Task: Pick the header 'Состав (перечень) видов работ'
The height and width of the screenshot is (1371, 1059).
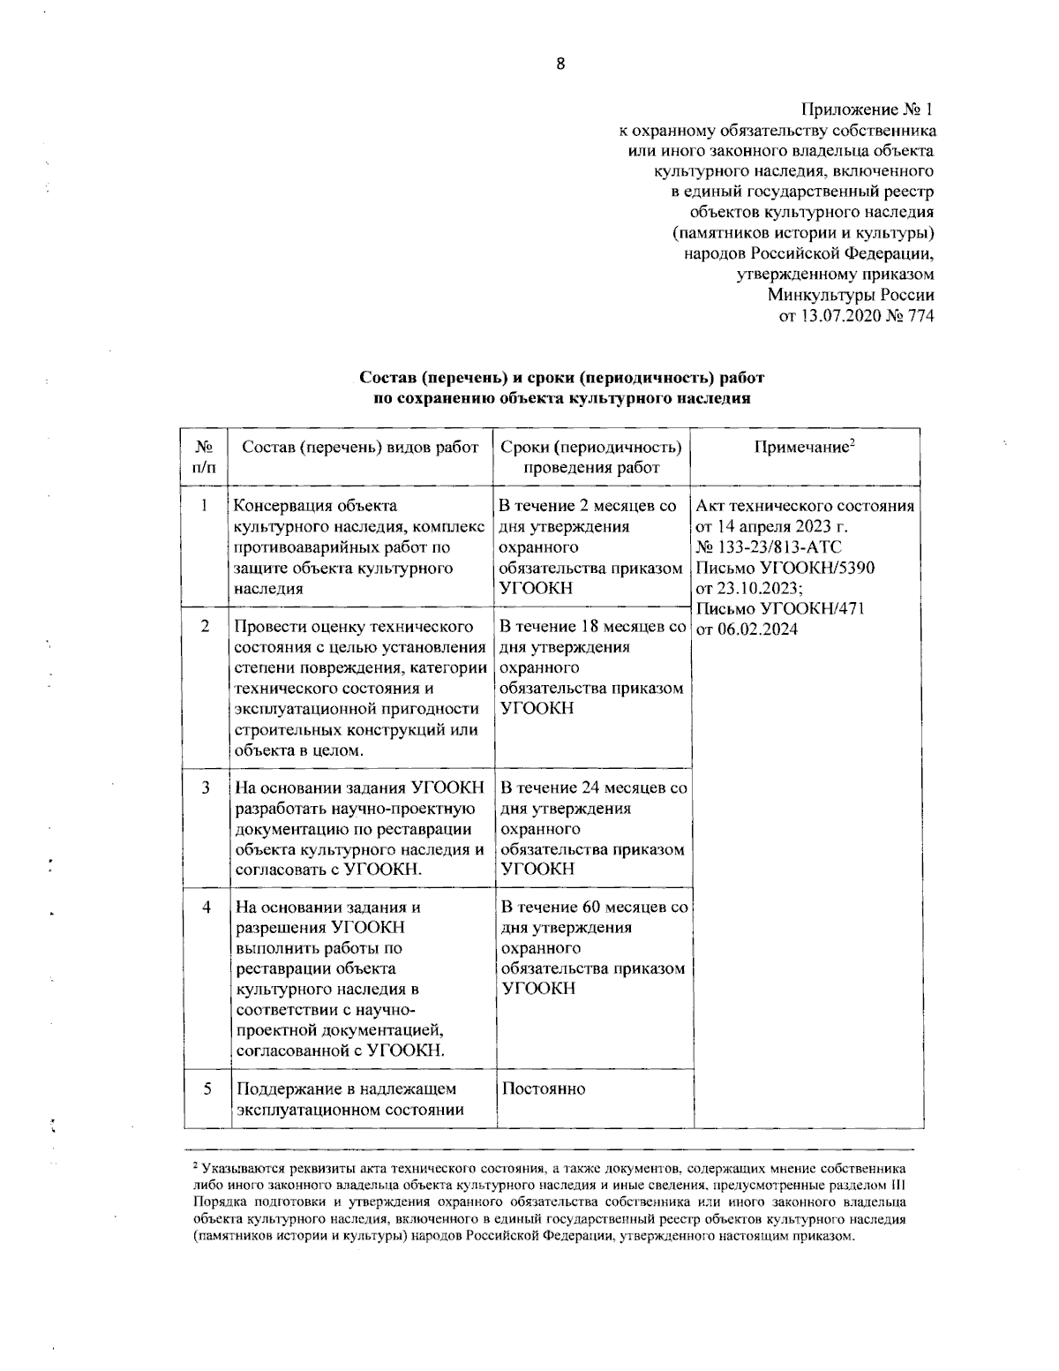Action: pos(360,448)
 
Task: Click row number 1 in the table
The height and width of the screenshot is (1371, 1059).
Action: pos(205,506)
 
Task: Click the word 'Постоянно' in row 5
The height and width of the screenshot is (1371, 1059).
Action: pos(543,1089)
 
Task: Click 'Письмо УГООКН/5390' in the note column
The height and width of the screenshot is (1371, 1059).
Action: pos(785,568)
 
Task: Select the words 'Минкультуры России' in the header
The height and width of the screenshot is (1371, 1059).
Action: pos(850,296)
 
